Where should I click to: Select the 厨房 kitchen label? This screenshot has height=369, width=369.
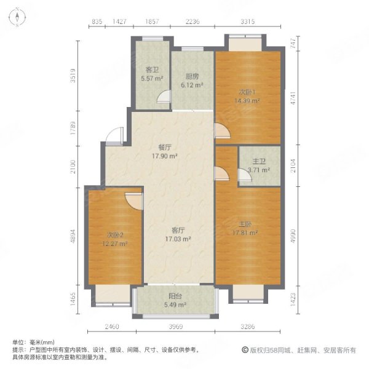click(191, 77)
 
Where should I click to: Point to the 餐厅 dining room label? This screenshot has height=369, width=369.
click(164, 148)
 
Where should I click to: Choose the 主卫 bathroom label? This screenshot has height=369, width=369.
click(258, 162)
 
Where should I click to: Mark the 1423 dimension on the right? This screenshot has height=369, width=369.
click(296, 300)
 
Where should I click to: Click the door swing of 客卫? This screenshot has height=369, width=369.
click(164, 97)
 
